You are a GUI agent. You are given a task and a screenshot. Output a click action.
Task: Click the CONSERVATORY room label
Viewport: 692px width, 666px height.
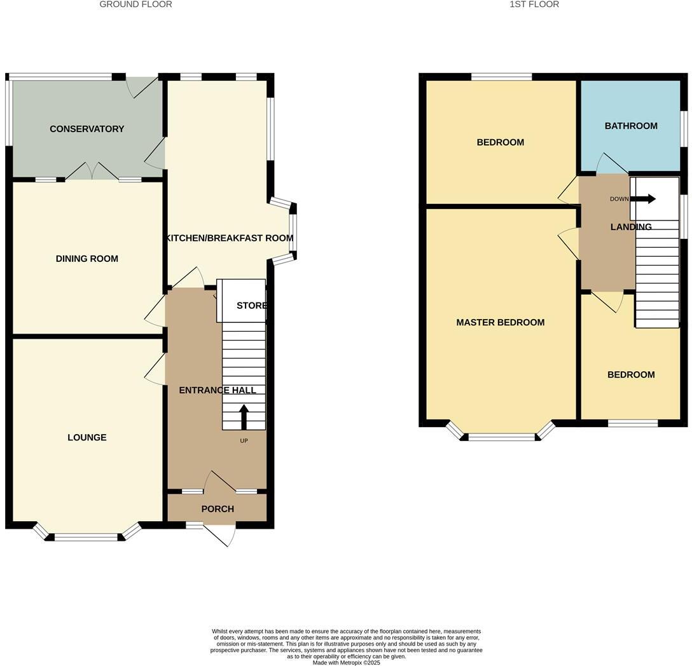coord(87,129)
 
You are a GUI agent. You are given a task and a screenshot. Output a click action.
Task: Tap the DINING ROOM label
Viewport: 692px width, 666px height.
coord(87,259)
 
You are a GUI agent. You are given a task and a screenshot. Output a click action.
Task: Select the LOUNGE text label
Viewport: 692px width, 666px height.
coord(87,437)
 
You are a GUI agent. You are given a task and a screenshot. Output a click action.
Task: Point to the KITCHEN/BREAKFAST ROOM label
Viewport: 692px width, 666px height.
coord(230,238)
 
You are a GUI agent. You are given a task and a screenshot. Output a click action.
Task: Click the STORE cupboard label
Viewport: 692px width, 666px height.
coord(251,306)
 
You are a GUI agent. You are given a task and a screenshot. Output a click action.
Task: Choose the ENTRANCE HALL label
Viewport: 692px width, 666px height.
coord(217,390)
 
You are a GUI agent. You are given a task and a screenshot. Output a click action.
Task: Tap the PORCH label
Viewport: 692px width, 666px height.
coord(218,509)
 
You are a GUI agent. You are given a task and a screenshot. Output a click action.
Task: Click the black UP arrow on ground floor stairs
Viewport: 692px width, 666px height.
coord(244,418)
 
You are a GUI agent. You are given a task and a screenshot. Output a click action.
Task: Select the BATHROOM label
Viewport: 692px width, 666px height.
coord(631,126)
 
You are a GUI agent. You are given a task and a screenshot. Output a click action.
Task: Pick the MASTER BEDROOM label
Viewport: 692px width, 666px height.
coord(501,322)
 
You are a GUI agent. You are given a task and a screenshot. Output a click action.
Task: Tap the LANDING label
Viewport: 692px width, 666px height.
coord(631,227)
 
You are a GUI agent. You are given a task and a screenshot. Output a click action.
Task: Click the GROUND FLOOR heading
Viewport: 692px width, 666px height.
coord(135,4)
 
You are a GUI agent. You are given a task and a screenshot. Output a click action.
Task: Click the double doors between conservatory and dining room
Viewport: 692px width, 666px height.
coord(92,172)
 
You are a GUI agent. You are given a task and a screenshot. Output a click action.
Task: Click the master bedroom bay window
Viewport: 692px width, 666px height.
coord(501,436)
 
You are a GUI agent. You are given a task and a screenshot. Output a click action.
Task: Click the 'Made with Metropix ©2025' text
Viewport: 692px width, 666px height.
coord(346,662)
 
